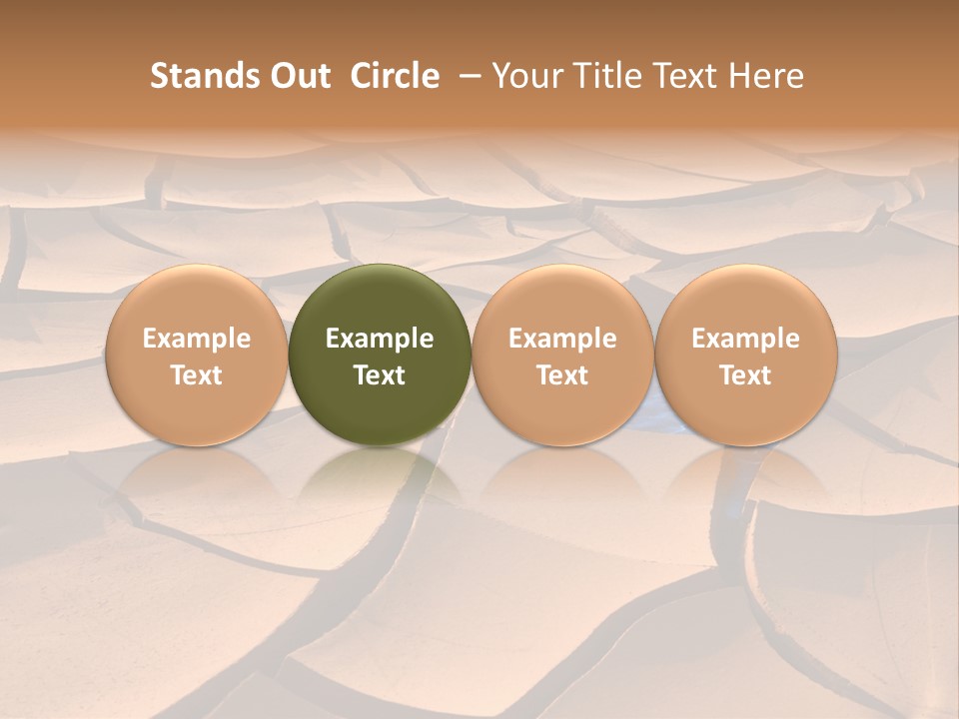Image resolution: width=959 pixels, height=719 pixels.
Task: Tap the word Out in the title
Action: point(299,76)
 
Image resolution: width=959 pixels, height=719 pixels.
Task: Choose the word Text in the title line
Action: point(682,76)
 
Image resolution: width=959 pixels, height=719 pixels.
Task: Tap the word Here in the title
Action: point(764,76)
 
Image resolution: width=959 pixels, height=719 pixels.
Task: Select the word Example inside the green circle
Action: point(380,339)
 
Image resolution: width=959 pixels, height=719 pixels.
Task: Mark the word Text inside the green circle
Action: point(380,375)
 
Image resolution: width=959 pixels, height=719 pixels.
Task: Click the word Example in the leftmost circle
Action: point(197,339)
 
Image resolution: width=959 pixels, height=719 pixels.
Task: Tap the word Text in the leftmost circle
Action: point(197,375)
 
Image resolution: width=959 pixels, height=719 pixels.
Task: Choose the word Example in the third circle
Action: point(562,339)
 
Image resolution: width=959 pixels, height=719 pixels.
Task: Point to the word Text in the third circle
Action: point(562,375)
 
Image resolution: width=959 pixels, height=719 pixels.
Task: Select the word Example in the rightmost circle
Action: point(746,339)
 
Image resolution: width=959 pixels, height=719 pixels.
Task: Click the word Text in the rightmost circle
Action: point(746,375)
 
